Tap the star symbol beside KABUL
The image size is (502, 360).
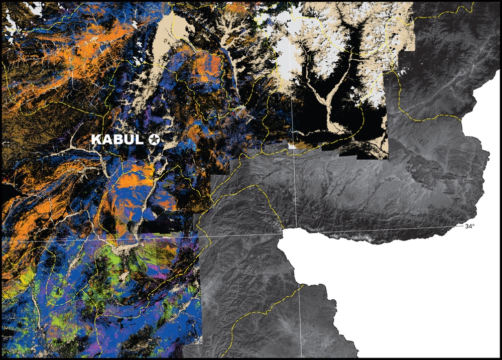[154, 140]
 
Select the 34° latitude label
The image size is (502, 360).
[469, 226]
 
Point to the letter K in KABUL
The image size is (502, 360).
[96, 140]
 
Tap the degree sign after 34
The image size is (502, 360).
[473, 225]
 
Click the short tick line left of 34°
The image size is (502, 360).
[459, 226]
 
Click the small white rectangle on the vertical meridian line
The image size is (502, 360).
[293, 146]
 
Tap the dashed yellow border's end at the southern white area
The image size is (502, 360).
[303, 285]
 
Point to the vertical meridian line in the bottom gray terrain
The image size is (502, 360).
[300, 321]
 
